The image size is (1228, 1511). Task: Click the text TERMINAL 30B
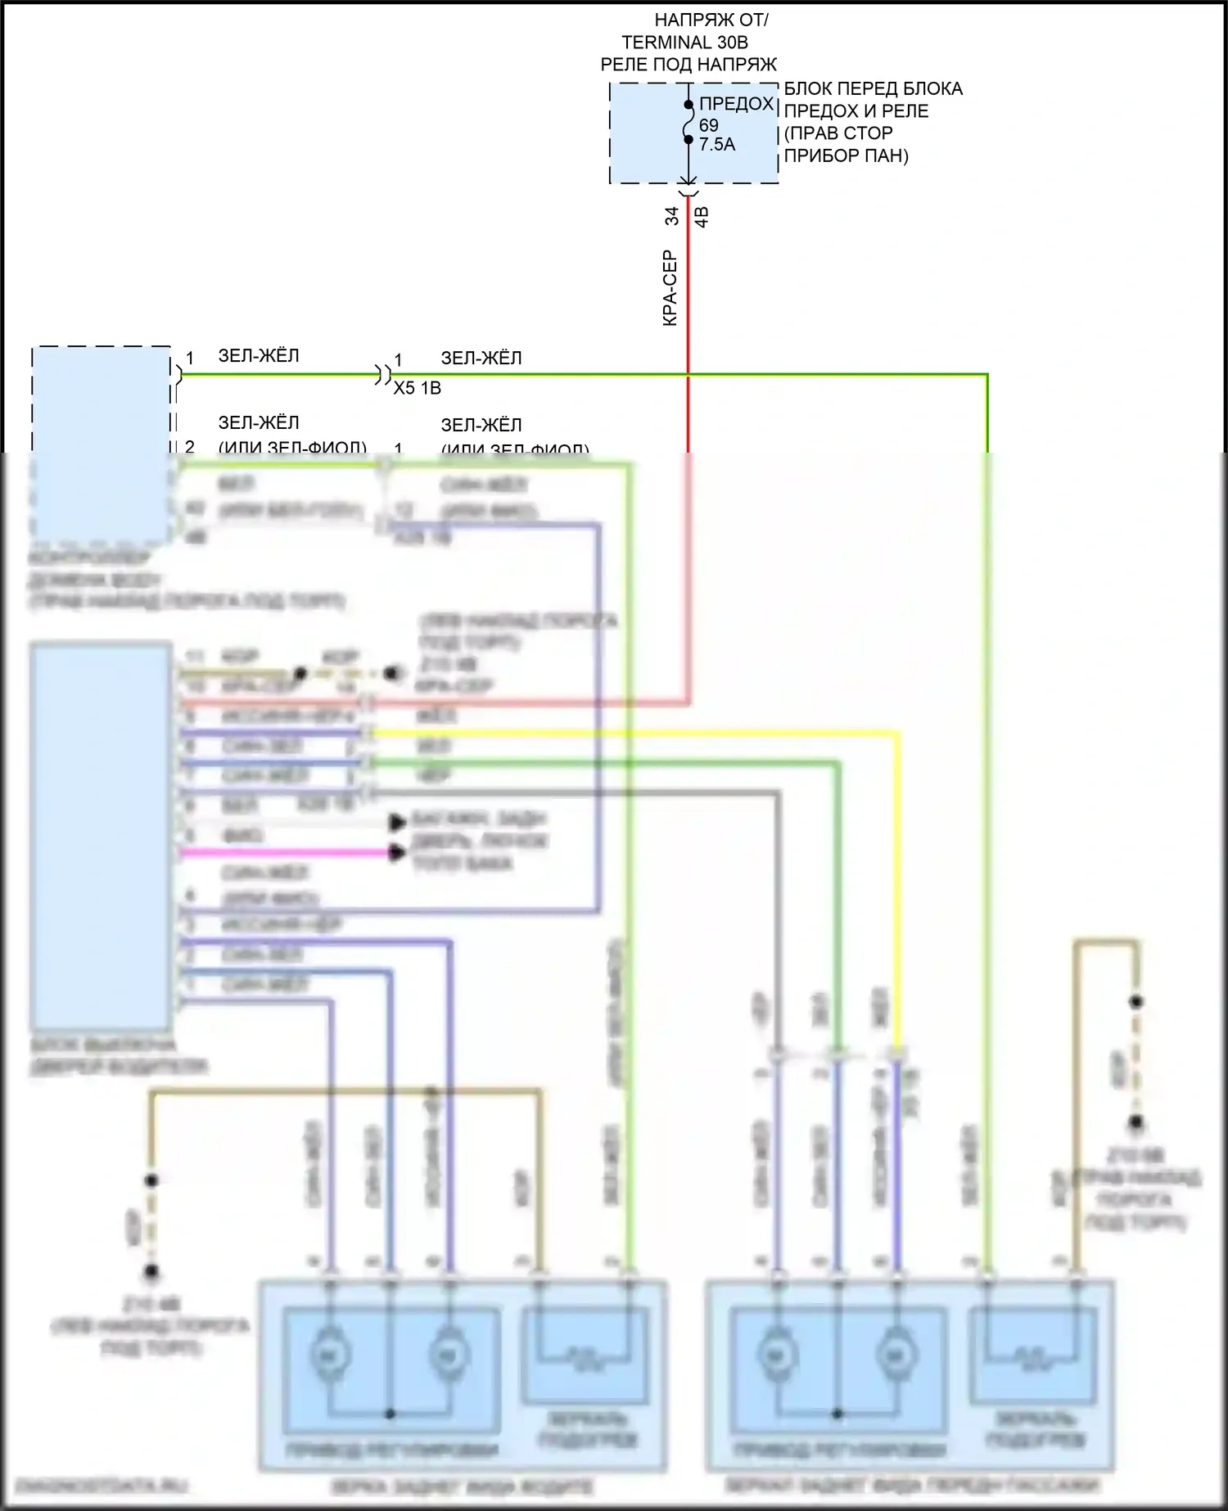tap(684, 43)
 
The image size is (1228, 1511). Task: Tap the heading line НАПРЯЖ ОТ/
tap(711, 20)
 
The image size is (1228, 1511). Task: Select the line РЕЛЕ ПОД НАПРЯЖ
tap(688, 65)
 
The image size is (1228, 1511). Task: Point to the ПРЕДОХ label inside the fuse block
tap(736, 104)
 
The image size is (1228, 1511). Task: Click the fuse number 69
tap(709, 125)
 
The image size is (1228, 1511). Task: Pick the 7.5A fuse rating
tap(717, 145)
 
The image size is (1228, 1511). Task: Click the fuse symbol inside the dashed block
tap(688, 123)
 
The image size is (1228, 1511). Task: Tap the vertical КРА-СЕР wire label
tap(670, 288)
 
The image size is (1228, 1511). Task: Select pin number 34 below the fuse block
tap(671, 216)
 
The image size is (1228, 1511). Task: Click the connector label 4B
tap(702, 217)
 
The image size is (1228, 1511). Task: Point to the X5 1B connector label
tap(418, 388)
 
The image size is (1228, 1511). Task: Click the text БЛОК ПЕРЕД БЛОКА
tap(873, 88)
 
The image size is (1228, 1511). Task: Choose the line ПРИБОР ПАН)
tap(847, 156)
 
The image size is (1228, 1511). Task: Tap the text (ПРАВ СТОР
tap(838, 133)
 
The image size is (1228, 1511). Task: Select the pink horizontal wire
tap(287, 853)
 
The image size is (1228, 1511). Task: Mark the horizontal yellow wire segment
tap(639, 733)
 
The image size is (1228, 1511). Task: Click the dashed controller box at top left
tap(101, 442)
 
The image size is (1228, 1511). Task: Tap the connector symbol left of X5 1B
tap(382, 376)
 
